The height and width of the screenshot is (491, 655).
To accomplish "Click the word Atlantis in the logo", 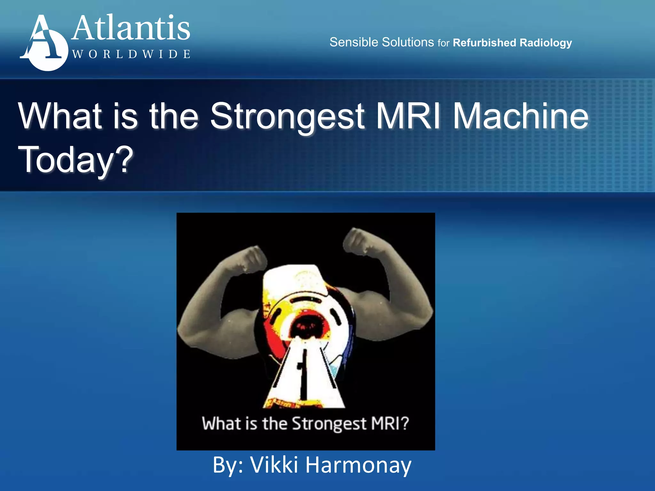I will coord(131,29).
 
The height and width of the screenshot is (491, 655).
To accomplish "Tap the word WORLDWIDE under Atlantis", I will coord(131,54).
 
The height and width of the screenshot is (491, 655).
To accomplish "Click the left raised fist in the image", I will coord(251,259).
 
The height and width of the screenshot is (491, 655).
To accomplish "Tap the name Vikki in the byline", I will coord(274,465).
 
